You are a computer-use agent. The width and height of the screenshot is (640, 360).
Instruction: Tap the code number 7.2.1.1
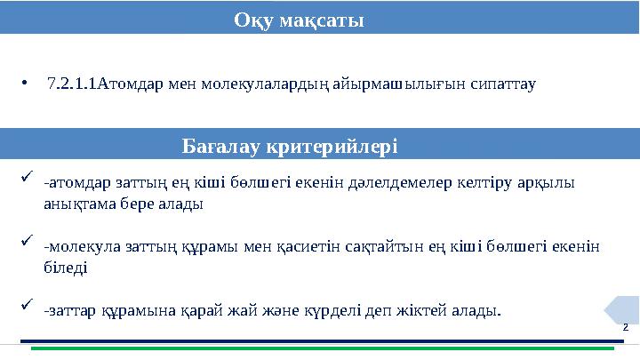(x=72, y=85)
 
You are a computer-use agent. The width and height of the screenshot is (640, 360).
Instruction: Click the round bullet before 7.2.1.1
(x=28, y=85)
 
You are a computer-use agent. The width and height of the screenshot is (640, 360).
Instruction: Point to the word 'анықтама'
(x=76, y=204)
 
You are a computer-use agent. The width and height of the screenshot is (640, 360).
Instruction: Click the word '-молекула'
(x=77, y=246)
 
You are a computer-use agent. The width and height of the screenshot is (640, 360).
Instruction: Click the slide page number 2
(x=625, y=327)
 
